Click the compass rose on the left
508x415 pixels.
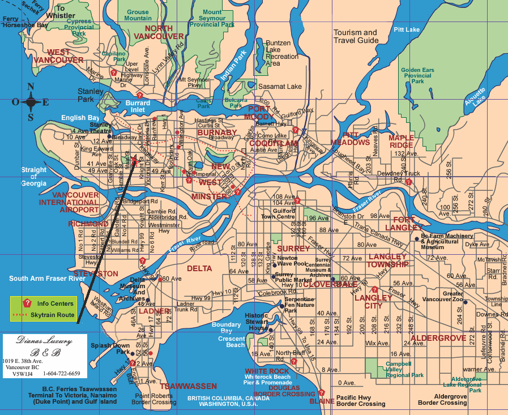coord(31,102)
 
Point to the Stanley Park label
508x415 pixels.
coord(90,95)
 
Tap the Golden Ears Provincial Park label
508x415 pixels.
coord(417,76)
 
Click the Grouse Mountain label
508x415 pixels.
coord(138,15)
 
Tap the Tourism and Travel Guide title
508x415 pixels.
coord(356,36)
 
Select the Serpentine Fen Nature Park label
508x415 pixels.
coord(299,305)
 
